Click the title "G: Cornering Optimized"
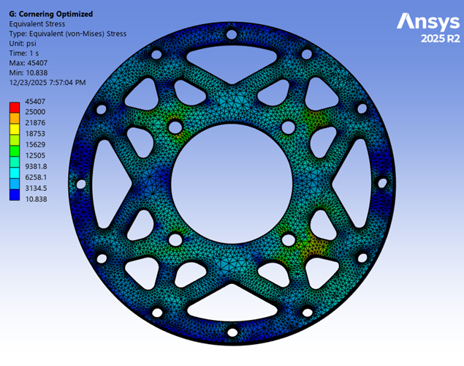(50, 14)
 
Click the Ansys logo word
(428, 22)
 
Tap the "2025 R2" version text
(441, 38)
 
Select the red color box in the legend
(14, 106)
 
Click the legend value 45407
(34, 101)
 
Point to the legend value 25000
(34, 111)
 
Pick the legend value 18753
(34, 135)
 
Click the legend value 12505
(34, 155)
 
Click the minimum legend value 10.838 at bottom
(36, 198)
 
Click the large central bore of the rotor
(232, 176)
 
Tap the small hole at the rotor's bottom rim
(232, 333)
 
